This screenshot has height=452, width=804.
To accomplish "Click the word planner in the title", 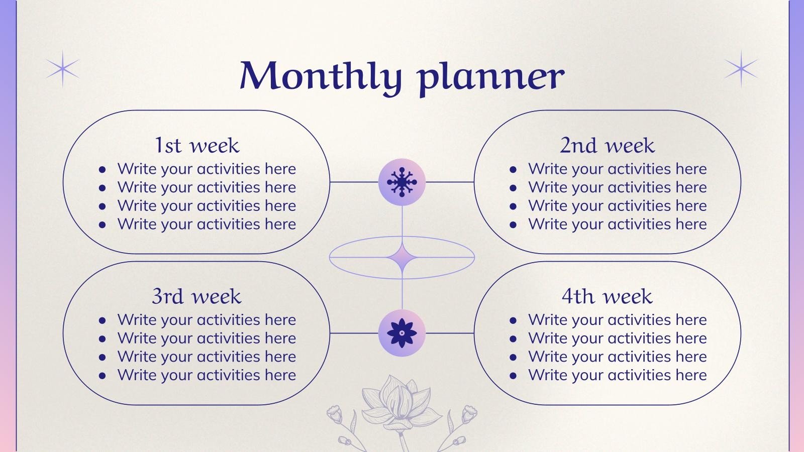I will pos(491,78).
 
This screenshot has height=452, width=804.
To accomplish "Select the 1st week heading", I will pos(196,145).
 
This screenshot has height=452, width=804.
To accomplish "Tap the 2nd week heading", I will pos(607,145).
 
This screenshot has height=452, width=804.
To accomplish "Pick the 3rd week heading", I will pos(196,296).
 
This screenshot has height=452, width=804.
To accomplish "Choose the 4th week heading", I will pos(607,296).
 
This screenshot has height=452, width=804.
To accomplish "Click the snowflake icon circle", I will pos(401,182).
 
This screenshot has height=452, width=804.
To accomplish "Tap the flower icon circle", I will pos(401,333).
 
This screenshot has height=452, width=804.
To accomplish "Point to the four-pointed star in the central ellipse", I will pos(401,258).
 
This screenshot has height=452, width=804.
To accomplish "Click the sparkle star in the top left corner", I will pos(63,69).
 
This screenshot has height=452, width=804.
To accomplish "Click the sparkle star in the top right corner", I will pos(741,69).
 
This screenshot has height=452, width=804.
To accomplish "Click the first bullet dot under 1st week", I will pos(103,170).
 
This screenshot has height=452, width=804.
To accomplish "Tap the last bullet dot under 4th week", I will pos(513,376).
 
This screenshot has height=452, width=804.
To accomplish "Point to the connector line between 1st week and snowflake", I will pos(354,182).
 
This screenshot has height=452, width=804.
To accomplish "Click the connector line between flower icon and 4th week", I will pos(450,333).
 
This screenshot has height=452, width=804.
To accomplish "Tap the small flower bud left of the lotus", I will pos(335,414).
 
